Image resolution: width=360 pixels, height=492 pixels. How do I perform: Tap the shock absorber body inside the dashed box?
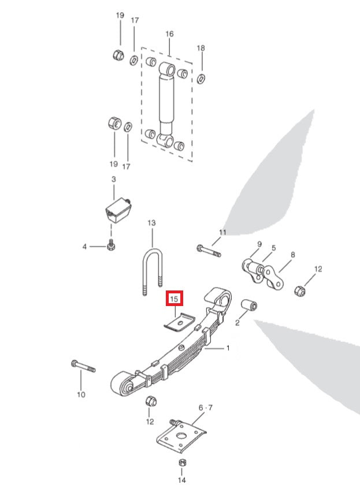coord(167,101)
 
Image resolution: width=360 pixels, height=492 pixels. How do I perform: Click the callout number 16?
coord(169,34)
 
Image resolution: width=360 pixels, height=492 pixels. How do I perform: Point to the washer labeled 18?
coord(201,77)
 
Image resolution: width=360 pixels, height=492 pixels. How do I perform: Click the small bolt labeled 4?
coord(110,247)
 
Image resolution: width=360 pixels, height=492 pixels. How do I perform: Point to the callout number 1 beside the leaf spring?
coord(228,348)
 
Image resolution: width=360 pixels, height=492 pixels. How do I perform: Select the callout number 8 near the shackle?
coord(293,254)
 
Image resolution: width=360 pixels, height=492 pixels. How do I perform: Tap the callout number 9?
coord(259,244)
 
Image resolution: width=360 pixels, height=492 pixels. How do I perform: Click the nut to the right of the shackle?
coord(300,289)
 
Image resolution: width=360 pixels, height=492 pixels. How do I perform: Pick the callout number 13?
coord(152,222)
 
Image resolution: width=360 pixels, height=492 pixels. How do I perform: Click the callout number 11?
coord(222,232)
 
